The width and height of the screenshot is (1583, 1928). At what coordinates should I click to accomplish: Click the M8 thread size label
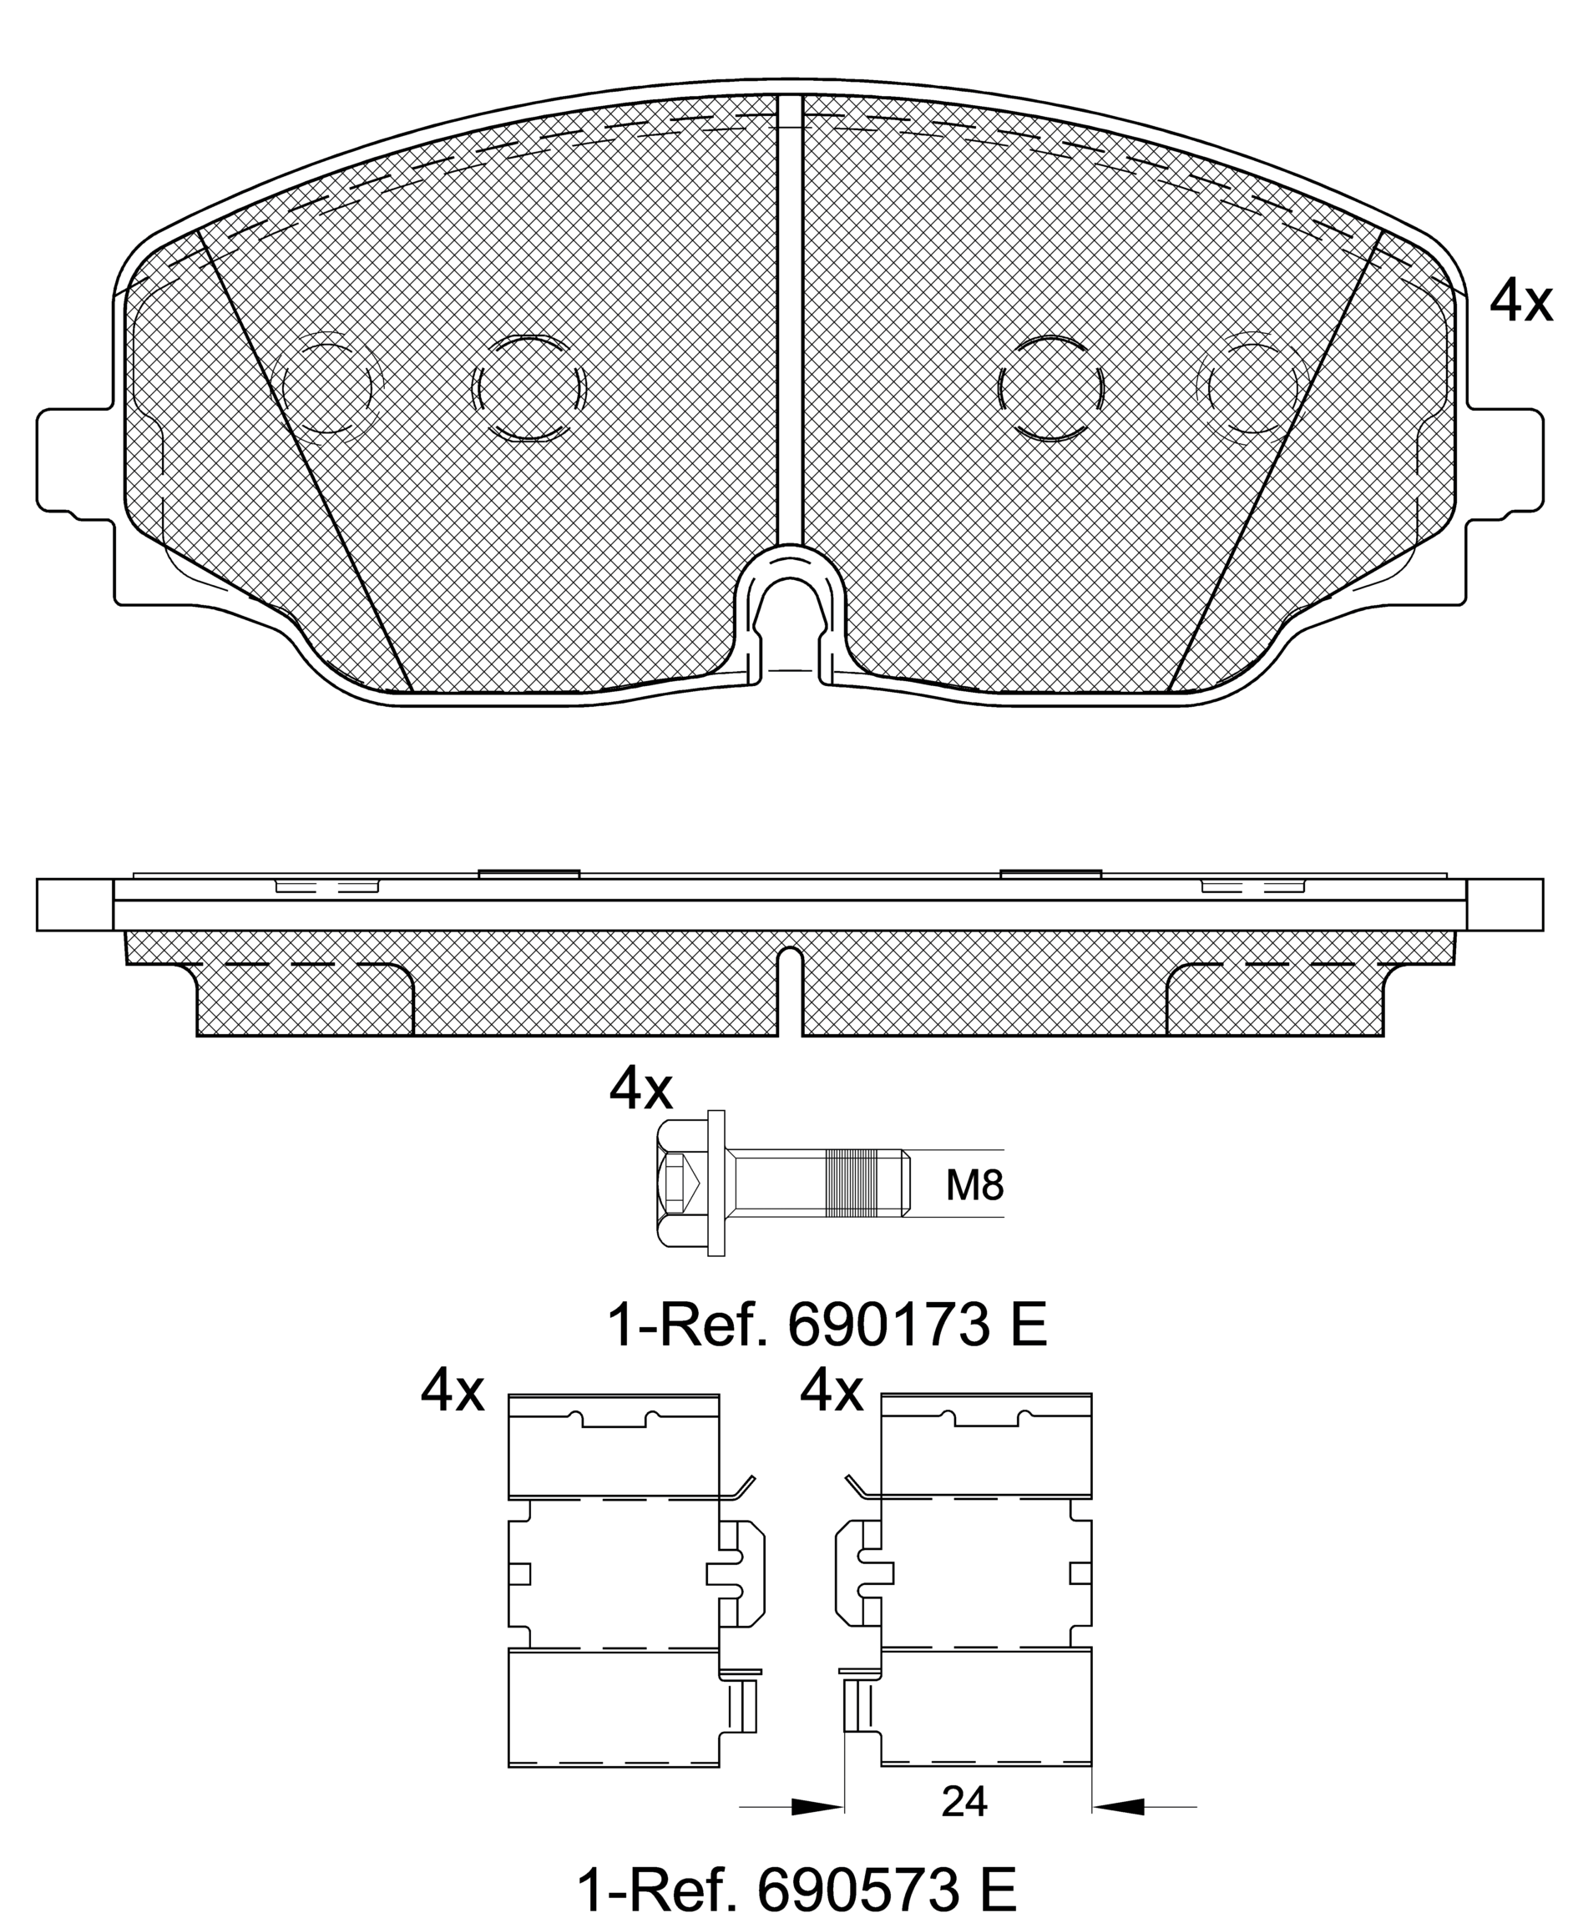coord(974,1185)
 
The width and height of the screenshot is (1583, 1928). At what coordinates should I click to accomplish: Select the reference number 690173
coord(889,1326)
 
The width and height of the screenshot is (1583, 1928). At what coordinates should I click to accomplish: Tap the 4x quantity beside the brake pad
coord(1520,300)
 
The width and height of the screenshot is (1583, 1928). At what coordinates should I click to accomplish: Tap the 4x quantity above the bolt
coord(640,1089)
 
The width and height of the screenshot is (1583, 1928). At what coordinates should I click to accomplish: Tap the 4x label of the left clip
coord(453,1392)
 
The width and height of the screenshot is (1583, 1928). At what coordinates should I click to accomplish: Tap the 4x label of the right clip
coord(831,1392)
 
